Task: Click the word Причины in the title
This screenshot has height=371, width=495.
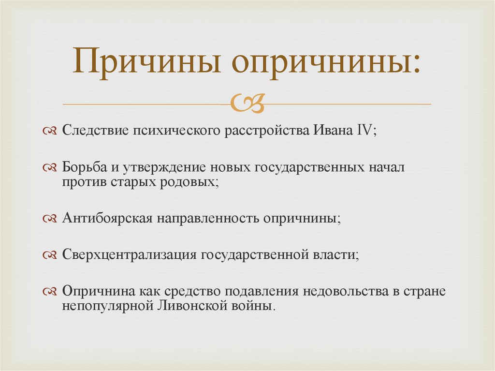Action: pyautogui.click(x=146, y=61)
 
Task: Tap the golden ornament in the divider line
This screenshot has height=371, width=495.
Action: pyautogui.click(x=247, y=103)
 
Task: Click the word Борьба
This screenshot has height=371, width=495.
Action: pyautogui.click(x=84, y=166)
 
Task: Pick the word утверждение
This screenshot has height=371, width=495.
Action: pyautogui.click(x=164, y=168)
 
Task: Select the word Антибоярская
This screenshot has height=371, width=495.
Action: pyautogui.click(x=107, y=218)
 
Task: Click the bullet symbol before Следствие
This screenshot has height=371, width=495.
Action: pyautogui.click(x=50, y=131)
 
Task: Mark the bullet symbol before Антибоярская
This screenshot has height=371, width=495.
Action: pyautogui.click(x=50, y=219)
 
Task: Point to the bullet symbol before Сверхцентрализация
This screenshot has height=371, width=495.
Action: pyautogui.click(x=50, y=255)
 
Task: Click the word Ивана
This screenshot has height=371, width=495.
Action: pyautogui.click(x=333, y=130)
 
